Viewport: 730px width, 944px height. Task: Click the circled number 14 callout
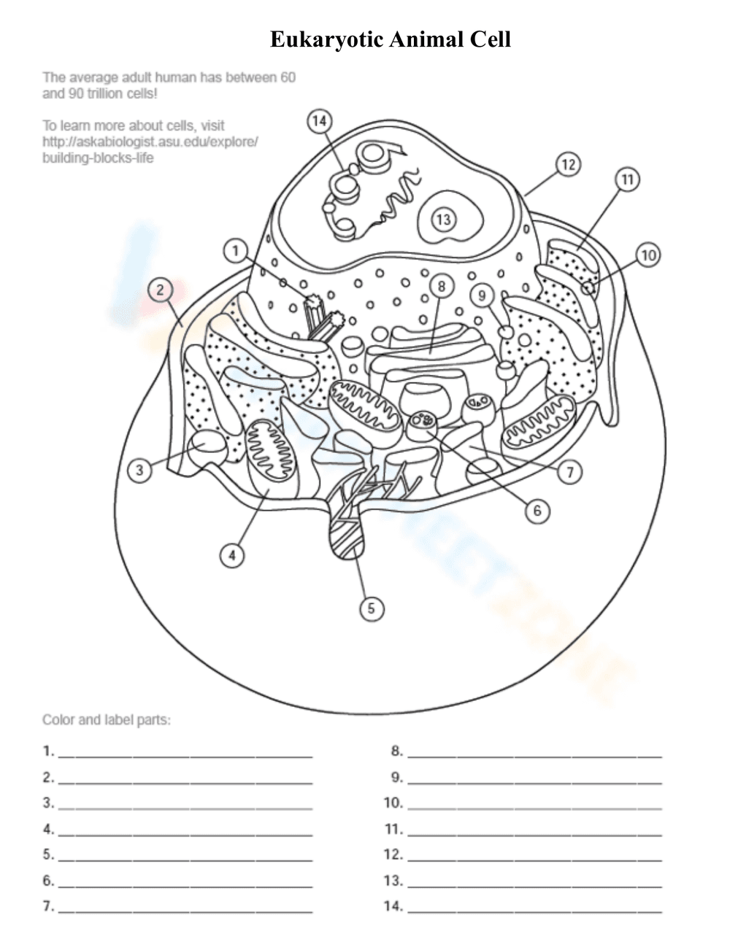(x=319, y=121)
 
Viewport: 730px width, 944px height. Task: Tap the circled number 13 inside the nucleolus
(x=444, y=219)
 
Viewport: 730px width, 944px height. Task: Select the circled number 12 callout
(x=568, y=165)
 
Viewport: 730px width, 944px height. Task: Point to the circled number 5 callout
(x=371, y=608)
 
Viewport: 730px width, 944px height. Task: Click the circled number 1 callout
(x=235, y=252)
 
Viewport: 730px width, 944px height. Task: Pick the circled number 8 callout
(x=441, y=287)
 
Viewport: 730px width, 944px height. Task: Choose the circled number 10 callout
(x=648, y=255)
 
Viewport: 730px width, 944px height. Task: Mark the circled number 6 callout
(x=537, y=511)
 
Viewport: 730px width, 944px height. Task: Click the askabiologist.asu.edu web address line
(x=150, y=142)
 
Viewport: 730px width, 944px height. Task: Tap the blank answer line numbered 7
(x=185, y=910)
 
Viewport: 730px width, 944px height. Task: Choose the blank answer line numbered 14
(x=534, y=910)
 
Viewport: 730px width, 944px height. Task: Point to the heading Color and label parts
(x=107, y=720)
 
